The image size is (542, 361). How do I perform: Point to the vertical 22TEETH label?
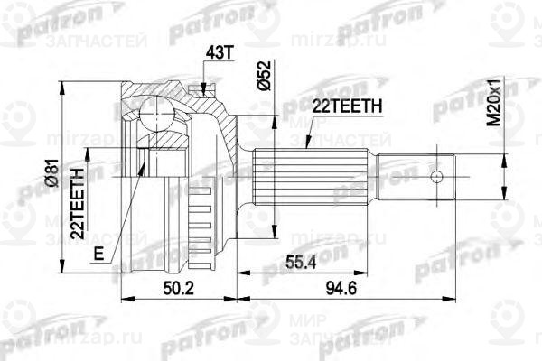79,199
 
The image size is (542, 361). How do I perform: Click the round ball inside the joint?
158,115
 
